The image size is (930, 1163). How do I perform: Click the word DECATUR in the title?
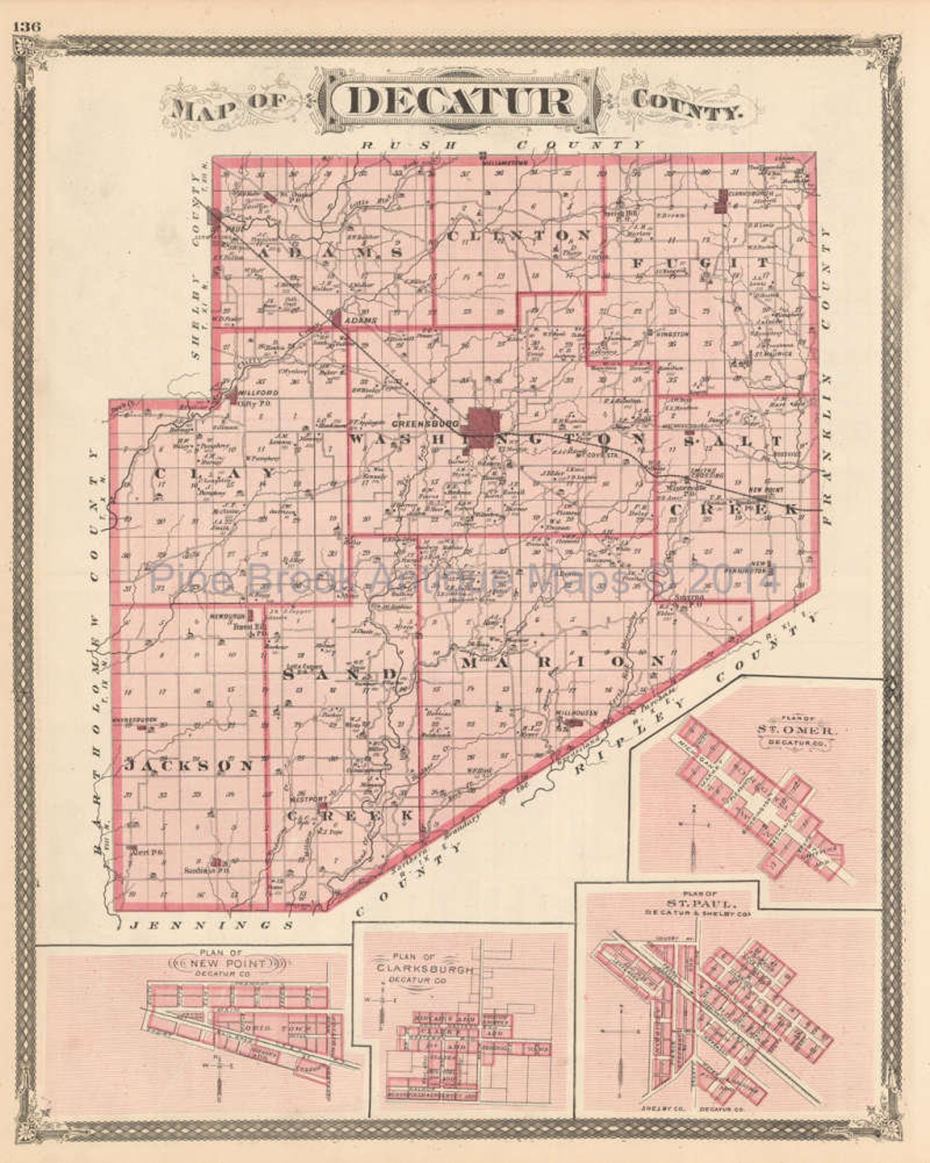click(x=460, y=101)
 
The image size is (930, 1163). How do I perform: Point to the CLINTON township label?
click(x=518, y=235)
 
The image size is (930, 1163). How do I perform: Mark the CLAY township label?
click(x=214, y=472)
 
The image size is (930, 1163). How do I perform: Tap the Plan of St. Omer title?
click(x=797, y=730)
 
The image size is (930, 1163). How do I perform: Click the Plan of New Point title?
click(x=227, y=963)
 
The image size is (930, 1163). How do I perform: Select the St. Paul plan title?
click(x=696, y=903)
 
